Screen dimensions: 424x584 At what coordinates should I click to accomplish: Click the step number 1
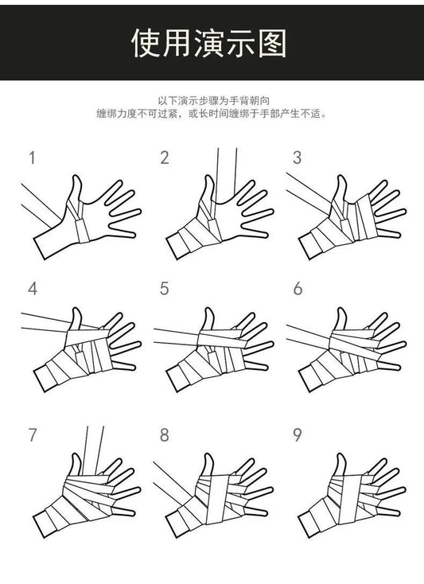pos(33,158)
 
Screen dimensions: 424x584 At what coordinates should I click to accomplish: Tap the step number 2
pos(165,158)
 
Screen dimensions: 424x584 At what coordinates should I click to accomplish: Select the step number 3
pos(297,158)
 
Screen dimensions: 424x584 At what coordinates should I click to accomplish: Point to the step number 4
pos(33,289)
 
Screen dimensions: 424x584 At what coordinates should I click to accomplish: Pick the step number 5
pos(165,289)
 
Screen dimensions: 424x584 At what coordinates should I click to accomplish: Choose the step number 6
pos(298,289)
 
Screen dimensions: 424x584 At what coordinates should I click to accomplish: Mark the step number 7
pos(33,434)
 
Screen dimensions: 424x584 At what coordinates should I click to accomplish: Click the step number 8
pos(165,434)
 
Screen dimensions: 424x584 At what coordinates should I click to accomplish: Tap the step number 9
pos(297,434)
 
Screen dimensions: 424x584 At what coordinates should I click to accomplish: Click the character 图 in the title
pos(273,43)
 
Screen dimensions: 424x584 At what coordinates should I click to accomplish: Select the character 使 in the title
pos(146,43)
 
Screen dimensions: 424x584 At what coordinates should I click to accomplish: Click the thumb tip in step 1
pos(76,177)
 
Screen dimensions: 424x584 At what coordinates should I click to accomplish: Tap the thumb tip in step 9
pos(340,456)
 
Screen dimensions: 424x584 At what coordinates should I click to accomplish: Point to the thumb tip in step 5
pos(209,310)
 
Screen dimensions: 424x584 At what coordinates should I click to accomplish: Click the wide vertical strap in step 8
pos(218,497)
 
